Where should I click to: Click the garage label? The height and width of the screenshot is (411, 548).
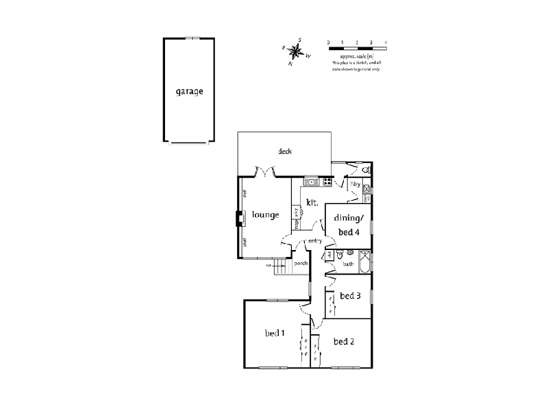(189, 92)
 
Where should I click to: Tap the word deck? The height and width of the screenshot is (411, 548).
(285, 151)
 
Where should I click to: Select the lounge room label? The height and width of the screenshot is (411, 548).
(265, 214)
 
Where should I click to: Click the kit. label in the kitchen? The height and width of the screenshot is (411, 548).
(313, 202)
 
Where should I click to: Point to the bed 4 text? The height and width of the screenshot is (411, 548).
(347, 232)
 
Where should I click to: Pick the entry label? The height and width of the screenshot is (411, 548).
(315, 241)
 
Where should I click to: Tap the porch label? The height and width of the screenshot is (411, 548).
(300, 263)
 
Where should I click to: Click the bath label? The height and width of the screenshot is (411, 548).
(348, 264)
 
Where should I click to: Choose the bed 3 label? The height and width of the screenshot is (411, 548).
(350, 296)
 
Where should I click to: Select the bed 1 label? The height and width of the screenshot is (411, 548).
(275, 334)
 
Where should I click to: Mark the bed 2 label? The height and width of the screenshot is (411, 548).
(343, 341)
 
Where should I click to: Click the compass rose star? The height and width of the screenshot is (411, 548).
(296, 51)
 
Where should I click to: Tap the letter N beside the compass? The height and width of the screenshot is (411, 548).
(290, 63)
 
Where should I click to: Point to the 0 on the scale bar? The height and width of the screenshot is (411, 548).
(329, 42)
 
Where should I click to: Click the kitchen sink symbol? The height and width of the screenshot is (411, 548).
(311, 182)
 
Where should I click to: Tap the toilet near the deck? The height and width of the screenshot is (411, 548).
(366, 169)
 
